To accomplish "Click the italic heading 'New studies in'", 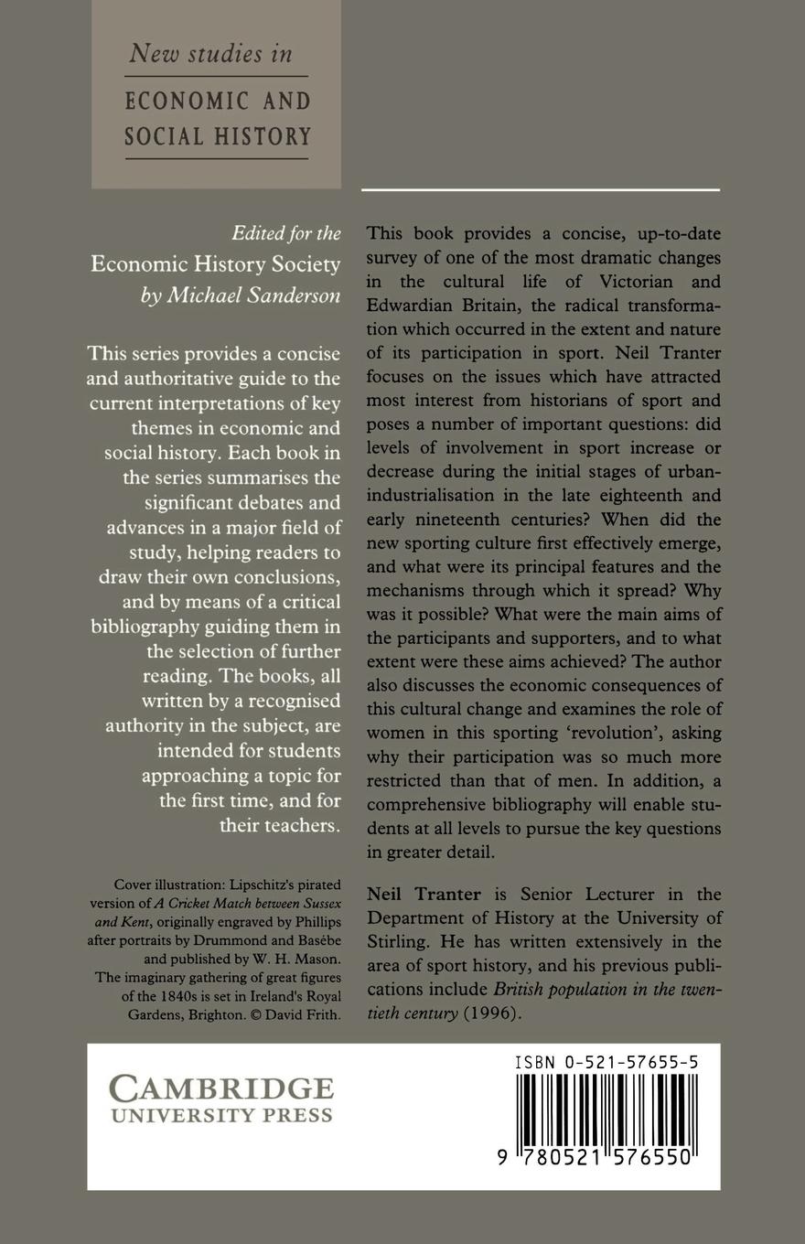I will pyautogui.click(x=210, y=53).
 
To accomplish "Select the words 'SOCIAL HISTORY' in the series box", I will pyautogui.click(x=218, y=137).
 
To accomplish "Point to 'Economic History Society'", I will pyautogui.click(x=215, y=264).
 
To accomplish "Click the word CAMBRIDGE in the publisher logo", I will pyautogui.click(x=221, y=1088).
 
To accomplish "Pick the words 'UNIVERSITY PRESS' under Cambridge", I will pyautogui.click(x=221, y=1116).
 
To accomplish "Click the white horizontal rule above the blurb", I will pyautogui.click(x=540, y=189).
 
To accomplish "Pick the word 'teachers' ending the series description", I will pyautogui.click(x=277, y=825).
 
